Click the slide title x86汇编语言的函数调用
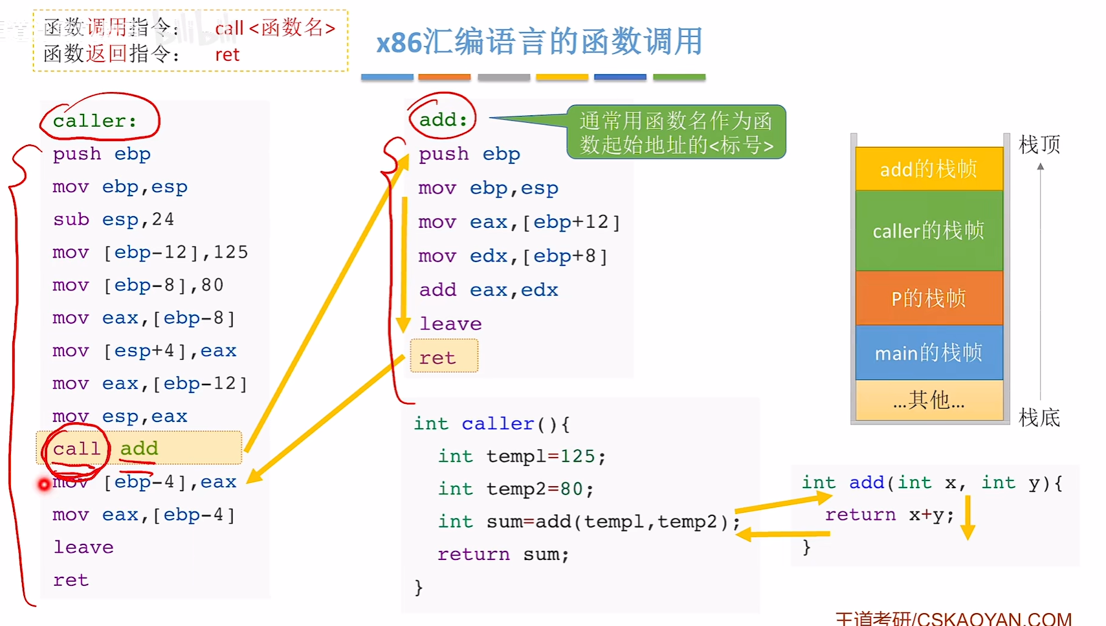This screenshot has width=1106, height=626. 539,42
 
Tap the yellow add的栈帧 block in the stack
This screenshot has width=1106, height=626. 928,169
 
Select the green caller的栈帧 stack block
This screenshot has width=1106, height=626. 928,230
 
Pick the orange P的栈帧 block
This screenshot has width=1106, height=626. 928,298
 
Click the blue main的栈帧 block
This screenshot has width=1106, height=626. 928,353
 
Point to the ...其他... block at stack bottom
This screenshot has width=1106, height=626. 928,401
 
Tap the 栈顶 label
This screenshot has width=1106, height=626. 1039,144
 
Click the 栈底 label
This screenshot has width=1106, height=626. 1039,418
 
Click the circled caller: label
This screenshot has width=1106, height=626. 95,120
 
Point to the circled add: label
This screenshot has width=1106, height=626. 443,119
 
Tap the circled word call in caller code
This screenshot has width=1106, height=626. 76,449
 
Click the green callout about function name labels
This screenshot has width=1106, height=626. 676,132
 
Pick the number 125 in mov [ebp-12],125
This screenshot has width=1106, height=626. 230,252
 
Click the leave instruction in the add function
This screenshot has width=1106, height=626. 450,324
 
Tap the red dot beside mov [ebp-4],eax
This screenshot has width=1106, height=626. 44,484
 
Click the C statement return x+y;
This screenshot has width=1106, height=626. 889,515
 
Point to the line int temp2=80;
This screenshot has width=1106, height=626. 515,489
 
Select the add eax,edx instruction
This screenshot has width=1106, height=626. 488,289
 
